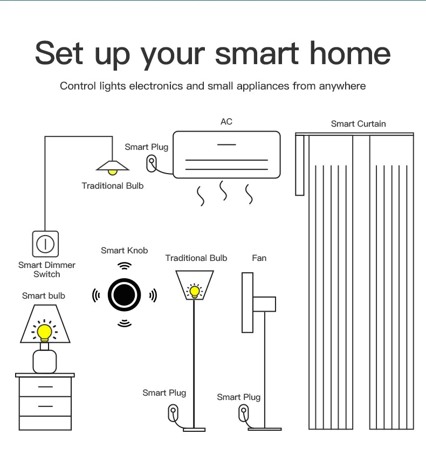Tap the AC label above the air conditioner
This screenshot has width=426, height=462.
226,122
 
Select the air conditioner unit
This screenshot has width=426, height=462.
226,155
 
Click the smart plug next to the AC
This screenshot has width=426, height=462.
152,162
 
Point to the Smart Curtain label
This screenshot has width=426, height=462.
358,124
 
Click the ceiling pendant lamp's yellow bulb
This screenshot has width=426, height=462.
112,172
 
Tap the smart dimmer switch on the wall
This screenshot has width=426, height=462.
45,244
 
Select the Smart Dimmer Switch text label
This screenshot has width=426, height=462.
47,270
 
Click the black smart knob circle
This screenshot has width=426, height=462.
125,295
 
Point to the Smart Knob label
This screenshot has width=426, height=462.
124,251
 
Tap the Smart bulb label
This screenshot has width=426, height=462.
44,295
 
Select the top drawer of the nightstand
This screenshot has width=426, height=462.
45,387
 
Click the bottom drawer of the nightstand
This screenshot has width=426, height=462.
45,406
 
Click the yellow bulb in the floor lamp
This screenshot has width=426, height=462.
195,292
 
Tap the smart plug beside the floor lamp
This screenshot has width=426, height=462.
173,413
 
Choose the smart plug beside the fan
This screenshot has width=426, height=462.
243,414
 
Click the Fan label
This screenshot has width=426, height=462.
259,258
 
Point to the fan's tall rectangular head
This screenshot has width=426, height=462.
248,302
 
